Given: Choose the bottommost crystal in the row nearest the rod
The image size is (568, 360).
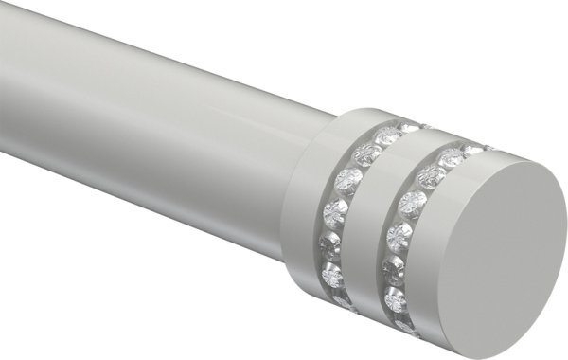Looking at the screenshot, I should pos(344,302).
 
